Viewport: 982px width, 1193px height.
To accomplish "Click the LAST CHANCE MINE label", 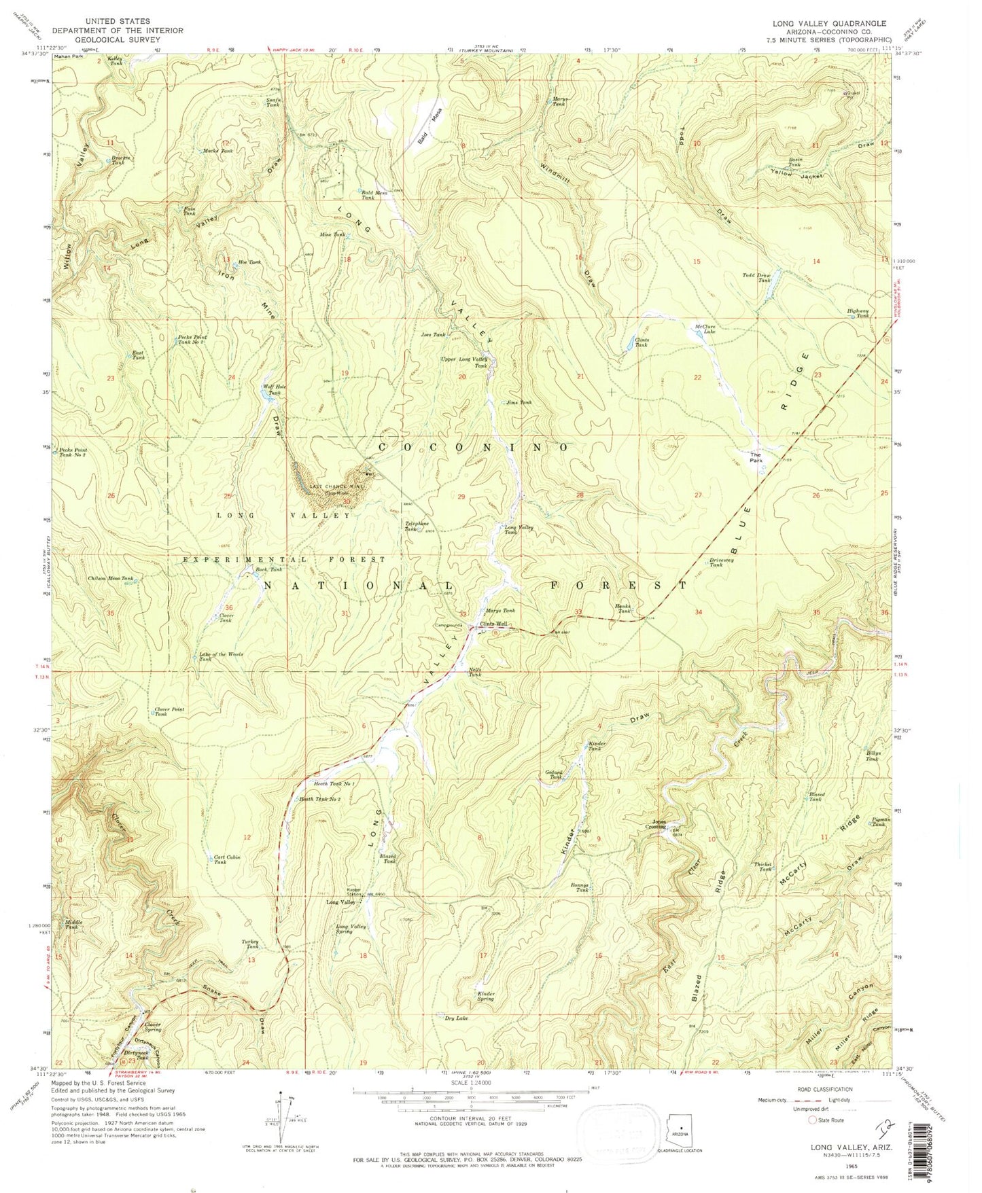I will (338, 486).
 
